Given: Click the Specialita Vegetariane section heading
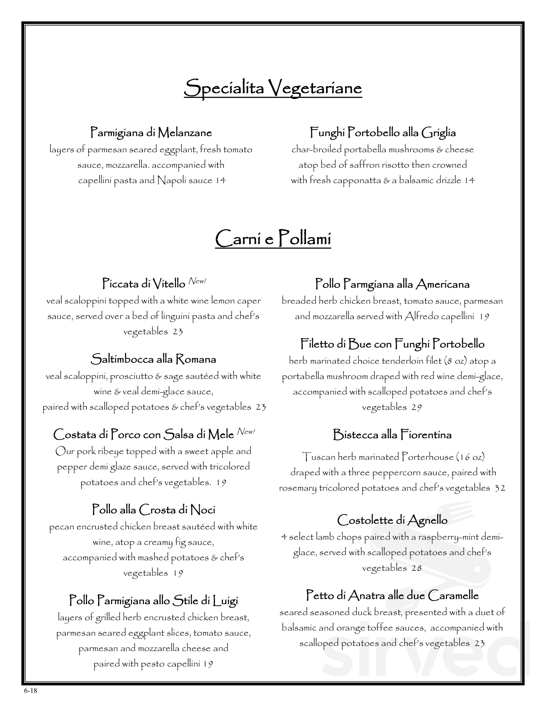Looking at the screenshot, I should [x=273, y=88].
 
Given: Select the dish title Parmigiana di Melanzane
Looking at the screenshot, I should [x=151, y=132].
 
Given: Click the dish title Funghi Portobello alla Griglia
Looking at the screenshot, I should [x=383, y=132].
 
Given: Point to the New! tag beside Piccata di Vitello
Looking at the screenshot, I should [x=197, y=281].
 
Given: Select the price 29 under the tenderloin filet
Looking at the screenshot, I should [x=416, y=407].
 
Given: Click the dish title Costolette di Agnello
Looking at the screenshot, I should [x=392, y=520].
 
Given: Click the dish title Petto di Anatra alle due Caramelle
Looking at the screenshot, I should [x=392, y=595].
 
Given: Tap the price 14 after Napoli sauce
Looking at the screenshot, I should [x=221, y=180].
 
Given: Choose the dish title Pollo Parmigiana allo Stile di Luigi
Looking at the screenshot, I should [x=153, y=601].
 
